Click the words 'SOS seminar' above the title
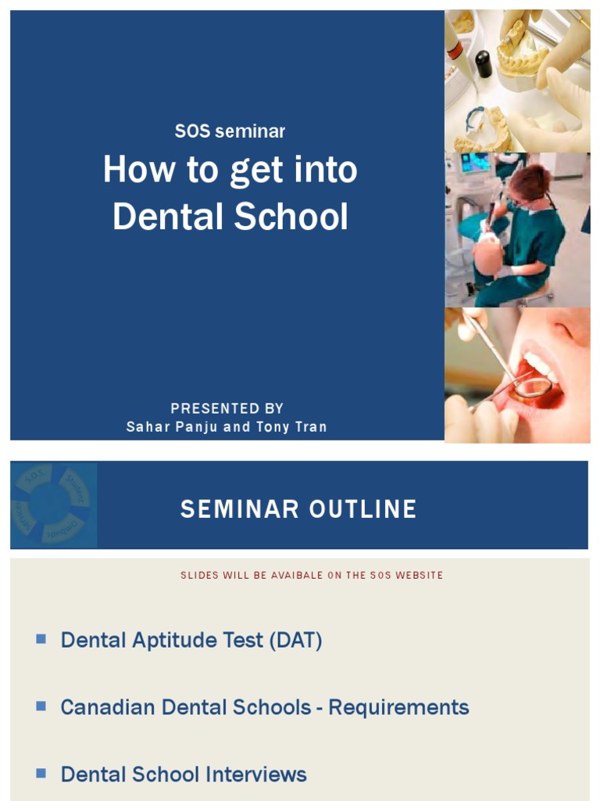230,131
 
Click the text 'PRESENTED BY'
227,408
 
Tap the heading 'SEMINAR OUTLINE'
298,509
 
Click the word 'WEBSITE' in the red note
420,575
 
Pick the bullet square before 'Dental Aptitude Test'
41,639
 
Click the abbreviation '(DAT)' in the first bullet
295,640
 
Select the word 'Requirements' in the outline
398,707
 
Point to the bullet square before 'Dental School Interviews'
41,774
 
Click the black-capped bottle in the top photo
484,63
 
